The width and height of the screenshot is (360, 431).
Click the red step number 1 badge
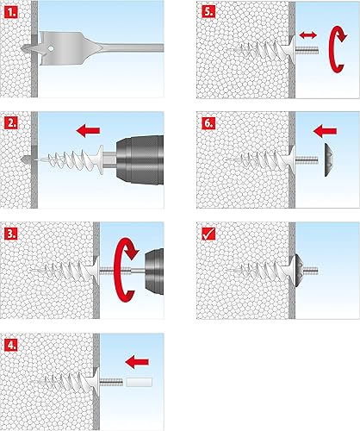coord(11,13)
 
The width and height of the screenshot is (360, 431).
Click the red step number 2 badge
coord(11,123)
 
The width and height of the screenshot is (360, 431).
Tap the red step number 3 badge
coord(11,234)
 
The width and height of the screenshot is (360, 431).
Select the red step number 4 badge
coord(11,345)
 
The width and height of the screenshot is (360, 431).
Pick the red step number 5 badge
coord(208,12)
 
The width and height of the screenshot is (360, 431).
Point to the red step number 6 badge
coord(208,123)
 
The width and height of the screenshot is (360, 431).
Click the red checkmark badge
coord(208,234)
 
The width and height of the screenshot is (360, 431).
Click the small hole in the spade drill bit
coord(51,48)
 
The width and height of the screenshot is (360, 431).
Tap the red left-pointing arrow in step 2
coord(88,131)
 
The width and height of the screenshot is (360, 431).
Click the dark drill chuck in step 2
coord(140,159)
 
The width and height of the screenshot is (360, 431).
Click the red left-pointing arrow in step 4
coord(137,362)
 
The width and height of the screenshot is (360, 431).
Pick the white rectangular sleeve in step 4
coord(139,382)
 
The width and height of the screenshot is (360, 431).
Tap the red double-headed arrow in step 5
coord(308,35)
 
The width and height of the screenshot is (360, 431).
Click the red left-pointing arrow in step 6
coord(325,131)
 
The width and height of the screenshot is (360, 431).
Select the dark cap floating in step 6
coord(329,159)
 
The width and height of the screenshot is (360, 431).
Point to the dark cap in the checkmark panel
coord(299,271)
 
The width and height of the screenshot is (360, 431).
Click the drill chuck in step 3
coord(154,272)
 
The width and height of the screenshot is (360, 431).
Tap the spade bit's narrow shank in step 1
coord(133,47)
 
